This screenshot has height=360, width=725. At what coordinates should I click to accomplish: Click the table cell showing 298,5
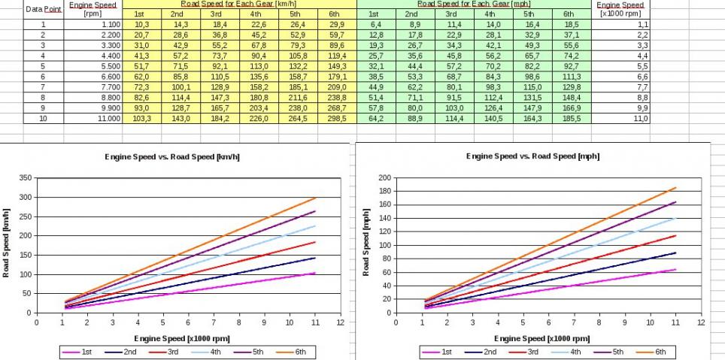pyautogui.click(x=335, y=119)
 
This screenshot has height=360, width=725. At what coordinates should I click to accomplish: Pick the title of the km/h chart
pyautogui.click(x=173, y=157)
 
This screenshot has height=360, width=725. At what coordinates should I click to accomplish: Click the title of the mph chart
pyautogui.click(x=535, y=156)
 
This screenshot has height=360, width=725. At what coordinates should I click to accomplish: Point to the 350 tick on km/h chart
pyautogui.click(x=25, y=178)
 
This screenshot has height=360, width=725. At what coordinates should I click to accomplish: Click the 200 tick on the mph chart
pyautogui.click(x=386, y=178)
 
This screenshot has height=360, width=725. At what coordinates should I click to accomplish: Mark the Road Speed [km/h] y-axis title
pyautogui.click(x=7, y=245)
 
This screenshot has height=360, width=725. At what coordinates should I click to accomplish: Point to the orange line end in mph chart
pyautogui.click(x=676, y=188)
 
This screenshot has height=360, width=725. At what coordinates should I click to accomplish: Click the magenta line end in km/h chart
pyautogui.click(x=315, y=273)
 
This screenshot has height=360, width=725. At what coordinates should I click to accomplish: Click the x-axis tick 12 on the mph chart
pyautogui.click(x=702, y=322)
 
